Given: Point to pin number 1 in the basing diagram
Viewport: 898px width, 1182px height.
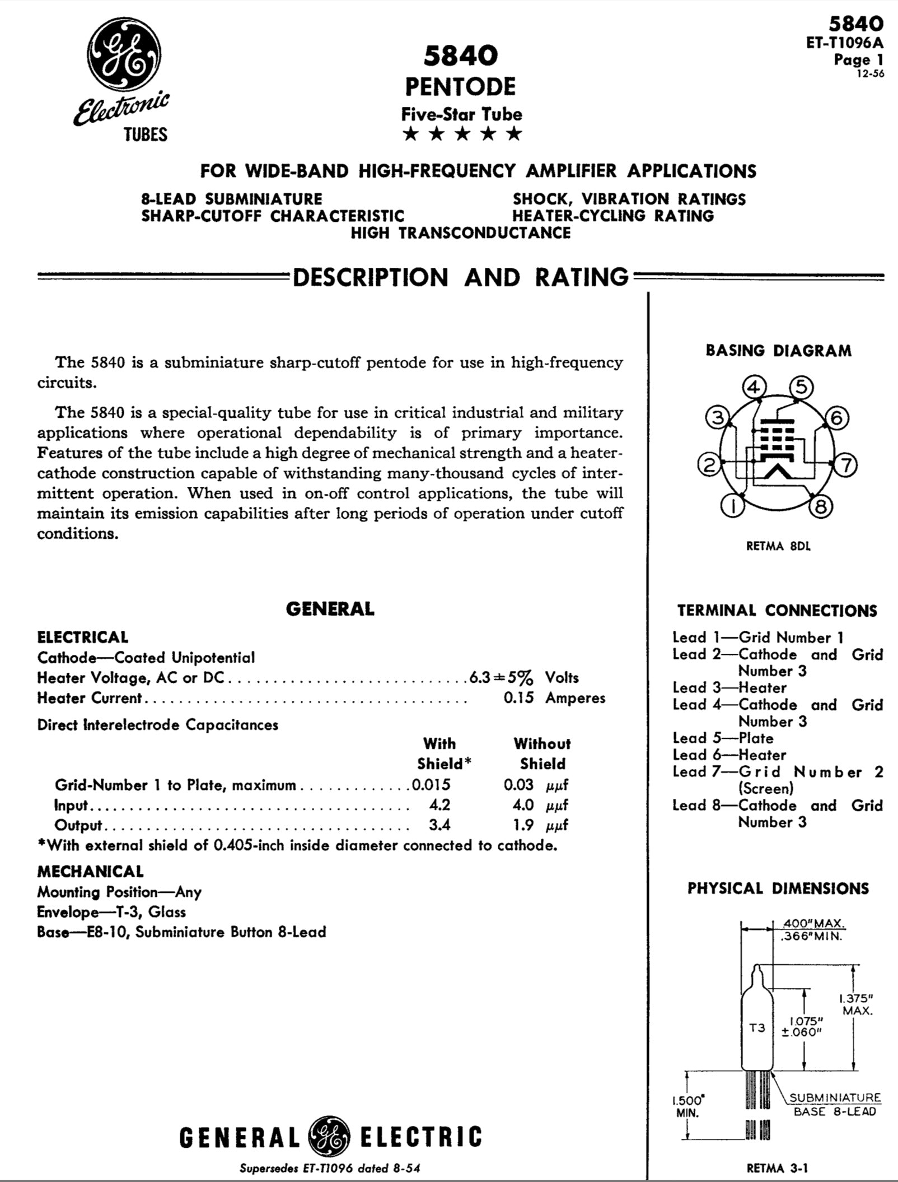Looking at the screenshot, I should click(732, 506).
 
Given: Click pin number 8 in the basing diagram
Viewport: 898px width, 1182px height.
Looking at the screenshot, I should click(821, 506).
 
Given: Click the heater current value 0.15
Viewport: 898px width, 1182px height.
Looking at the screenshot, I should click(518, 698).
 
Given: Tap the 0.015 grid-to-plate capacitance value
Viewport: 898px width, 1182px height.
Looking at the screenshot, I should click(431, 785).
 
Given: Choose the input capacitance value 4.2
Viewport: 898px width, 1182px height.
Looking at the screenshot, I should click(439, 805).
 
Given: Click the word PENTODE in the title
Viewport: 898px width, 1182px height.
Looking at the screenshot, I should click(460, 87).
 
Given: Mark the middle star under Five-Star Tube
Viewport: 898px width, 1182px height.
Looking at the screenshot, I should click(462, 134).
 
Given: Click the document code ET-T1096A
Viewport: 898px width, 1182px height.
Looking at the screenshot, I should click(845, 43).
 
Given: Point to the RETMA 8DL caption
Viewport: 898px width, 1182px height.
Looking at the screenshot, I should click(778, 546).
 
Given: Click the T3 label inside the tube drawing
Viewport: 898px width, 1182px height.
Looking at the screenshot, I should click(757, 1028).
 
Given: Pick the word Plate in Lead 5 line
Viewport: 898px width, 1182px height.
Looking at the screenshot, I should click(756, 738).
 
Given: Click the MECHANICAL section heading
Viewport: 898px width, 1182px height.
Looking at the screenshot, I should click(90, 871).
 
